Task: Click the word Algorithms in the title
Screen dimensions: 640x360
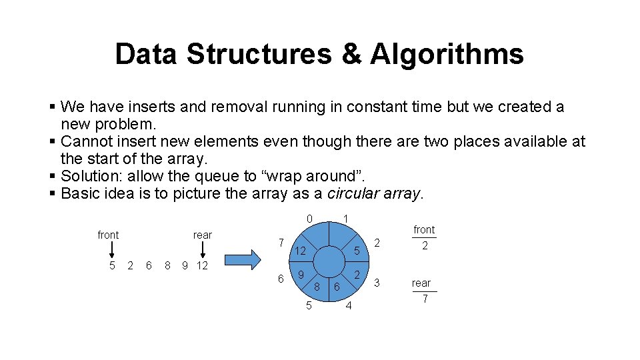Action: click(447, 54)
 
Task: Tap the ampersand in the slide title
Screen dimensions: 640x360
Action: click(351, 54)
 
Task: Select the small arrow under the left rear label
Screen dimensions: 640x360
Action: click(202, 249)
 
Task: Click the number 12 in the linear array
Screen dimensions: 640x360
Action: click(201, 266)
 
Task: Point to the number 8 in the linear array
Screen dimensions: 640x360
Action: click(167, 266)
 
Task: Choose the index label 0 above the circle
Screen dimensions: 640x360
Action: click(309, 219)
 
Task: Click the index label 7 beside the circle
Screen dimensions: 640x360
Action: click(281, 242)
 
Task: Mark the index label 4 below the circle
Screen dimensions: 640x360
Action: click(349, 306)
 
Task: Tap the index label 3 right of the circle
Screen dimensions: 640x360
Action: click(377, 283)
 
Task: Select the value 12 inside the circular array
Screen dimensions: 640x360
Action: click(300, 251)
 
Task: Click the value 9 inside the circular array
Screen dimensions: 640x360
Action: click(301, 275)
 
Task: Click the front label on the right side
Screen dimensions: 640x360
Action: click(424, 230)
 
